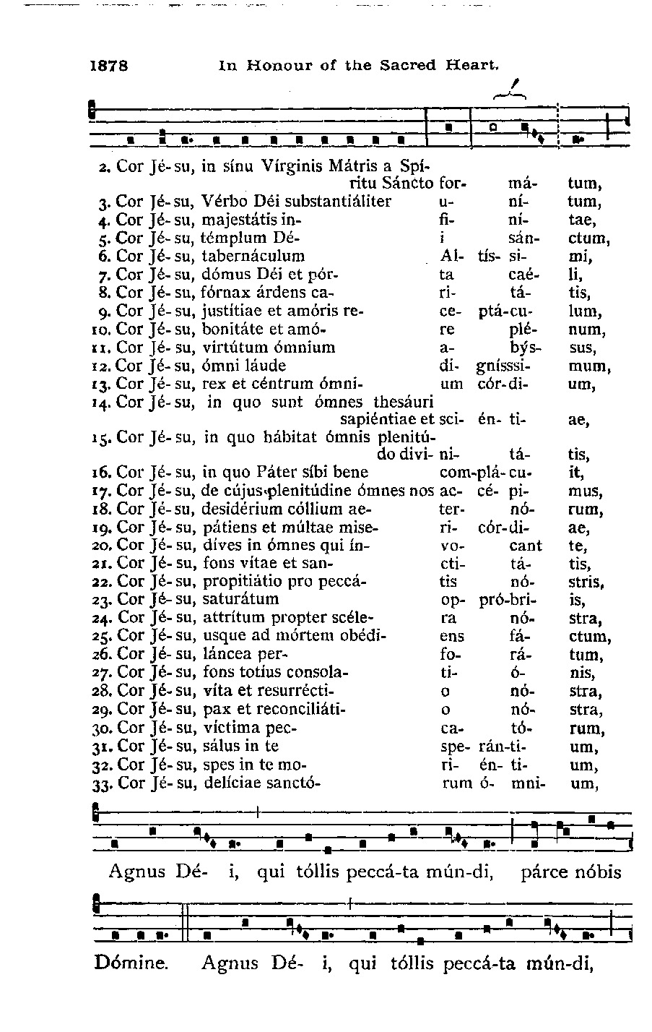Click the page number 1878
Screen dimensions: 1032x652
click(x=109, y=66)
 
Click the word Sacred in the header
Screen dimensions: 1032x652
click(x=412, y=66)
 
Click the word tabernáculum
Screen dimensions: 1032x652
click(x=253, y=257)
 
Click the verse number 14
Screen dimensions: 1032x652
click(x=101, y=403)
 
